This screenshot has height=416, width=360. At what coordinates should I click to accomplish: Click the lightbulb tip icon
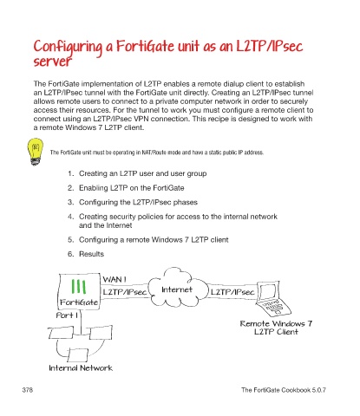point(36,152)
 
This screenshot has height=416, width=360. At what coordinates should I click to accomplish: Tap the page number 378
point(28,390)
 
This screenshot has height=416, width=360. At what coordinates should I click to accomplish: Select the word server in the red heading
point(52,62)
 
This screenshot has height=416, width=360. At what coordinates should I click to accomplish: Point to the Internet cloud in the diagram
point(177,289)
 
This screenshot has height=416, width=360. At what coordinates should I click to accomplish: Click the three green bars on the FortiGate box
point(78,287)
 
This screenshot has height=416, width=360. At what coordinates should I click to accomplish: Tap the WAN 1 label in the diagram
point(115,279)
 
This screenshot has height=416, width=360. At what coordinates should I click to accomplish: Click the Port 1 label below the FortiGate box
point(67,315)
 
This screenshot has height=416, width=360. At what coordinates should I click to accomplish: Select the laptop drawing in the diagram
point(273,299)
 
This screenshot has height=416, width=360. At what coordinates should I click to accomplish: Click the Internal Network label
point(81,367)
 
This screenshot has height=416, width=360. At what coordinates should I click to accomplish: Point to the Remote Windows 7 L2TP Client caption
point(276,328)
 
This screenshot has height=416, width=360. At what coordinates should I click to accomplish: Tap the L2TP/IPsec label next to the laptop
point(232,292)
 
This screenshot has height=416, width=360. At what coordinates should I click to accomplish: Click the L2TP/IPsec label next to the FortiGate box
point(125,292)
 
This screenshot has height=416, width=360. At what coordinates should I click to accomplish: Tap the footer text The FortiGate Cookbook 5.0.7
point(284,390)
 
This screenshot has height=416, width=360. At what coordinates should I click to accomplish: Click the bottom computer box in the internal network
point(78,354)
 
